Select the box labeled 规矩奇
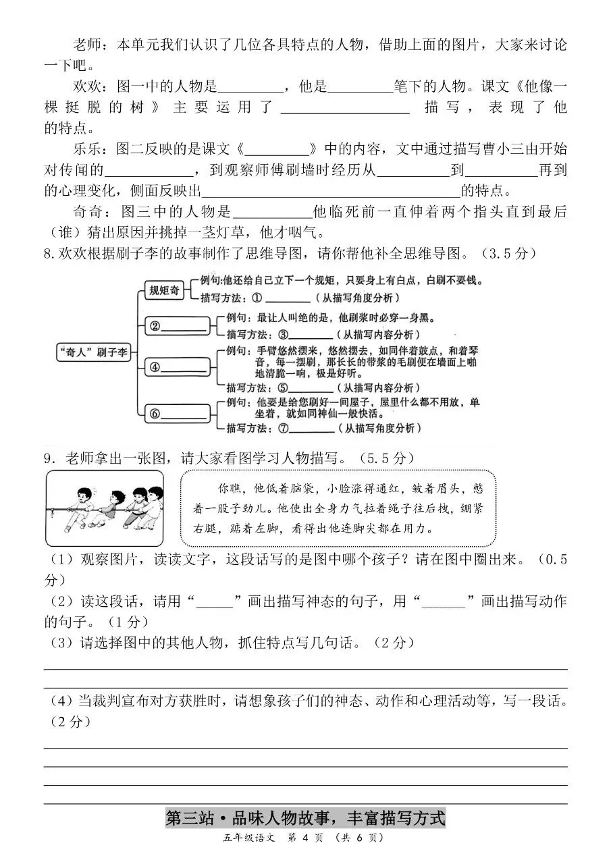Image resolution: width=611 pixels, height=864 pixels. [165, 290]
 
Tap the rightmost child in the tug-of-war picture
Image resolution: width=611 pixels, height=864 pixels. [153, 503]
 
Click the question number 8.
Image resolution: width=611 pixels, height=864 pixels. [48, 254]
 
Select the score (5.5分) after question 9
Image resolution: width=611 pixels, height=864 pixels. [386, 458]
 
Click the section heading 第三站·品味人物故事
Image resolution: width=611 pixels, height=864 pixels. [305, 819]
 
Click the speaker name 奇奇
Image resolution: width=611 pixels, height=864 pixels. [87, 211]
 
